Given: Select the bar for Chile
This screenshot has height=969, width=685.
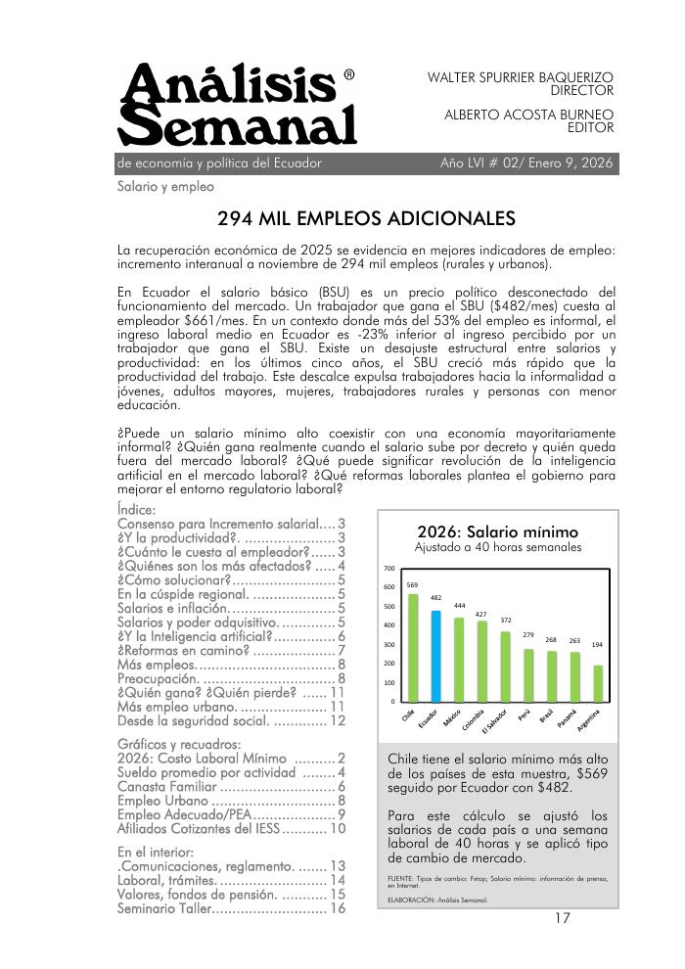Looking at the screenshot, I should (x=413, y=648).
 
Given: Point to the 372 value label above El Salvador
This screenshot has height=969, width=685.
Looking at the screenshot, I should (x=506, y=621).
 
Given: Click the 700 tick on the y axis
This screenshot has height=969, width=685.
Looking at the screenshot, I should (x=388, y=569).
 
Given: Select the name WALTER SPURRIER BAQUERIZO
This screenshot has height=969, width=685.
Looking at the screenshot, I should (x=521, y=76).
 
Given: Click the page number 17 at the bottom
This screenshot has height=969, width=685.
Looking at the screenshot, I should (x=562, y=918).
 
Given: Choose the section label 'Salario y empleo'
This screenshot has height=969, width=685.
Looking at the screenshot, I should (x=165, y=186).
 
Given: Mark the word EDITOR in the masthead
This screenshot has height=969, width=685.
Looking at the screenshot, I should (x=590, y=127).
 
